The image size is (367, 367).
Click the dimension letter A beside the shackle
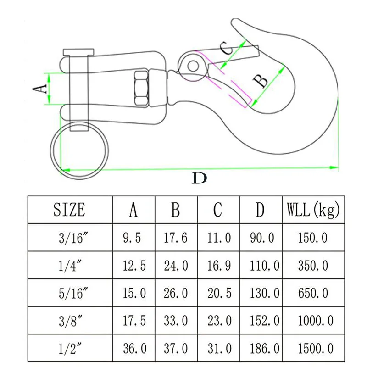(x=40, y=89)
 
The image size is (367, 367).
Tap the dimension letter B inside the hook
(x=261, y=81)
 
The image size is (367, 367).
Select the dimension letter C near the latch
(x=226, y=48)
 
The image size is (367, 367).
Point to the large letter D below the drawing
(x=199, y=178)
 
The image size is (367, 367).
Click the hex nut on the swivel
(x=141, y=88)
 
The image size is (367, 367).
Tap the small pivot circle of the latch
(x=193, y=66)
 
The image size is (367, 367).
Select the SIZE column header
(x=69, y=210)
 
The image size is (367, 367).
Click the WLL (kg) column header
(x=313, y=210)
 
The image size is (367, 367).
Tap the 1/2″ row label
(x=70, y=349)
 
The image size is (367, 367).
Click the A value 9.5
(x=132, y=238)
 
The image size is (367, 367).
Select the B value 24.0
(x=176, y=266)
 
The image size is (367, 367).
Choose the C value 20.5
(x=220, y=293)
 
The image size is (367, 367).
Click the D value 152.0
(x=265, y=321)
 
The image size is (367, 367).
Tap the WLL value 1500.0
(x=316, y=349)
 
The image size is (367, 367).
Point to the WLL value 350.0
(x=313, y=266)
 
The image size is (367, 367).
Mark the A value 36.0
(x=135, y=349)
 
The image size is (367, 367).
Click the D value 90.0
(x=262, y=238)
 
